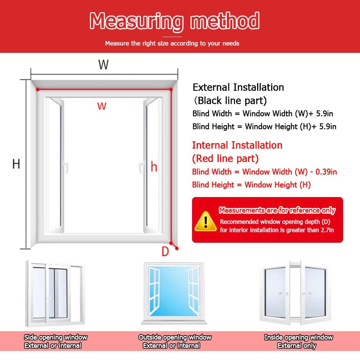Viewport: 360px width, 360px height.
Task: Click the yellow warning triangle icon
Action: point(205,221)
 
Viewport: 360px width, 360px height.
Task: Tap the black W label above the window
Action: point(103,64)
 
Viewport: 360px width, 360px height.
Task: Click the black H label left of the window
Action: point(16,164)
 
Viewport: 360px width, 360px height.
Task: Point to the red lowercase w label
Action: point(102,106)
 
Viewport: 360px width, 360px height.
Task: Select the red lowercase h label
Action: point(154,167)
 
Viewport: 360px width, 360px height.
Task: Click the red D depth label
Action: point(165,251)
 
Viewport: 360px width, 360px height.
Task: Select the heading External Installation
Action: point(238,87)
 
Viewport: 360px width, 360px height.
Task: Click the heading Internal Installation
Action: point(237,145)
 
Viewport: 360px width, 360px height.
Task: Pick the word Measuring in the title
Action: point(137,21)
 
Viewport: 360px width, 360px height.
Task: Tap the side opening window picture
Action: point(55,293)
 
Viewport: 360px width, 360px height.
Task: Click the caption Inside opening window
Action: point(299,337)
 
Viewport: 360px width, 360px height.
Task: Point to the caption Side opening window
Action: point(55,337)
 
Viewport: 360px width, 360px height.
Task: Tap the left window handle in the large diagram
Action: point(66,168)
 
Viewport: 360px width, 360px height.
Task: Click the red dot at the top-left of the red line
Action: point(38,90)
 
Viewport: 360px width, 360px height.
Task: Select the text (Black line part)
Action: point(230,101)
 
